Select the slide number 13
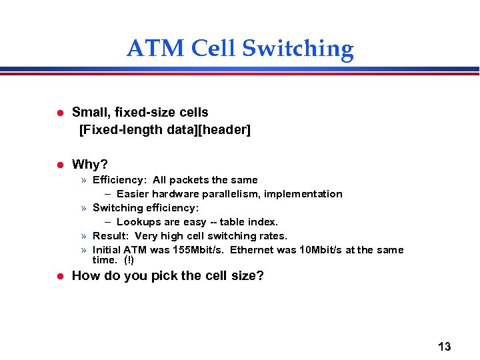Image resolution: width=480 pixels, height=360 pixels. tap(444, 346)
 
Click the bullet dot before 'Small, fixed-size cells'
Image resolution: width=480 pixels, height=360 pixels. tap(59, 113)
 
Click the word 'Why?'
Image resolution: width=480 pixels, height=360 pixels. tap(90, 164)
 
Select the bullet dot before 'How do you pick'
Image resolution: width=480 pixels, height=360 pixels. tap(59, 275)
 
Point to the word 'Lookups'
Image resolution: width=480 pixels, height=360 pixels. tap(137, 222)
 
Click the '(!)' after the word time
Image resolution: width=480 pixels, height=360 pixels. tap(129, 260)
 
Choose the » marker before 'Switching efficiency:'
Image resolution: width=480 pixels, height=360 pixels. tap(84, 208)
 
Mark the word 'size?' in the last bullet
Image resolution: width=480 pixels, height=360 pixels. tap(247, 275)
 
